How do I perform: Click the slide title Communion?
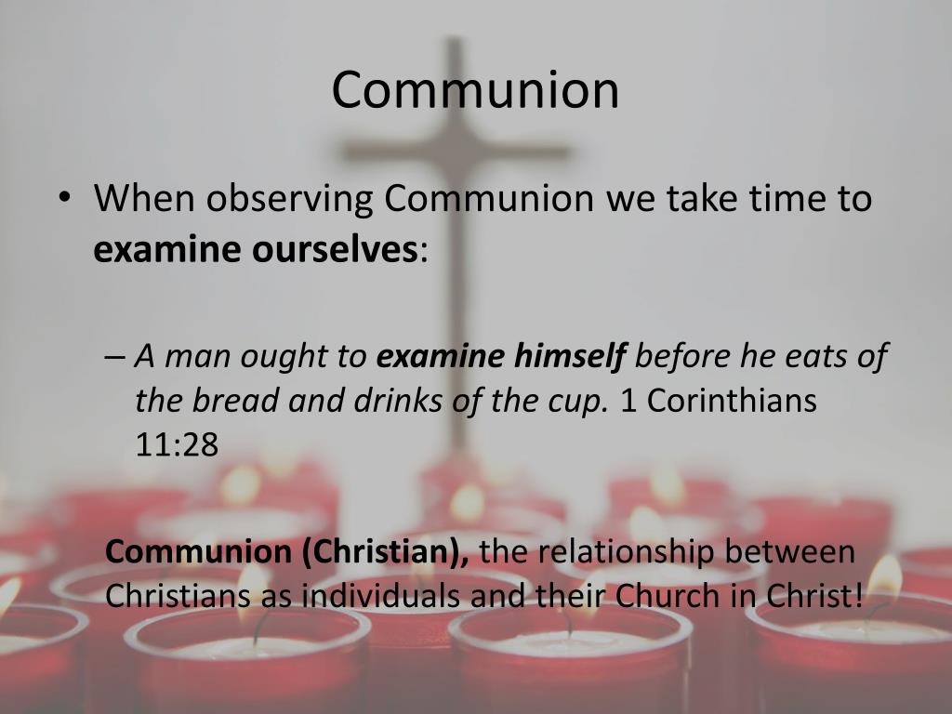[x=475, y=90]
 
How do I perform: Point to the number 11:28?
[x=177, y=444]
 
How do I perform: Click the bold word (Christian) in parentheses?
[x=384, y=551]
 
